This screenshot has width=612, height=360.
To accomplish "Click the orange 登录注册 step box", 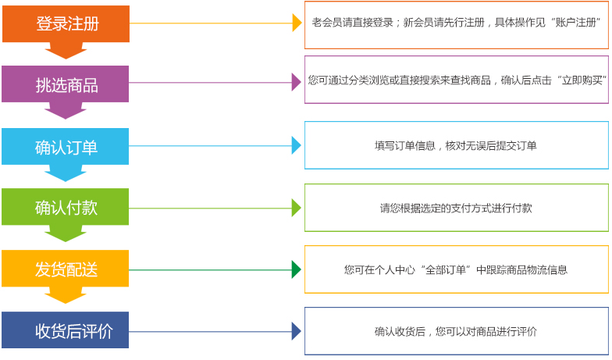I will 66,23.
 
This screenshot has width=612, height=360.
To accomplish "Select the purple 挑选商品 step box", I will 66,84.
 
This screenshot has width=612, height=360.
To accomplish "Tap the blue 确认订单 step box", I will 66,146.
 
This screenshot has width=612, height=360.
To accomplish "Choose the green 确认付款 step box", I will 66,207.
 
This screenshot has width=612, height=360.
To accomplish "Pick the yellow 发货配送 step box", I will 66,269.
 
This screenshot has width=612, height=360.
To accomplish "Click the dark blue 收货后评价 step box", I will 66,330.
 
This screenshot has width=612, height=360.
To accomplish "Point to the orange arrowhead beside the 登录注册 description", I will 297,23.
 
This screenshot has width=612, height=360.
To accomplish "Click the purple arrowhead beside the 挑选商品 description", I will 297,82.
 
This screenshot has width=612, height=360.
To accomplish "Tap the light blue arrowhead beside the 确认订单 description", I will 297,145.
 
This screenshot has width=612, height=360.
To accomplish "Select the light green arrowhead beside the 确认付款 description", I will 297,208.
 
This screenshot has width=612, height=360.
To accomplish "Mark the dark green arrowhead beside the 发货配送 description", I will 297,269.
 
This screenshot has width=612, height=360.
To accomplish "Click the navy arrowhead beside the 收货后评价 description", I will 297,331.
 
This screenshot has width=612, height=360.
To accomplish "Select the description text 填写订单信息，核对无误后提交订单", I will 456,145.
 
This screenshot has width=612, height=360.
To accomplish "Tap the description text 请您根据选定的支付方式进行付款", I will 456,208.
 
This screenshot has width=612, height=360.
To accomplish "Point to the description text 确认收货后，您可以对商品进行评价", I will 456,331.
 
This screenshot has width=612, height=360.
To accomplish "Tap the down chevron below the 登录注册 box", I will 66,51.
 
